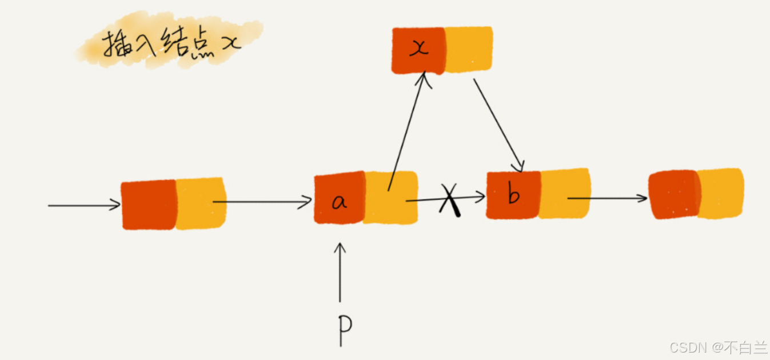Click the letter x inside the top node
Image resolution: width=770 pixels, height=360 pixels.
[x=419, y=49]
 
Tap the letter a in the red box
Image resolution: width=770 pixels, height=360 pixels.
[x=340, y=201]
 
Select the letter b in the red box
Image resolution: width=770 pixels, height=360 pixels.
[x=513, y=195]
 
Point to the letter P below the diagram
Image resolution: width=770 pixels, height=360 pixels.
[x=344, y=324]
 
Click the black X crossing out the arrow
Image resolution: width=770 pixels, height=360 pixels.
[x=450, y=200]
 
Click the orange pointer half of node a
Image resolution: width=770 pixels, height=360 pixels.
[x=391, y=198]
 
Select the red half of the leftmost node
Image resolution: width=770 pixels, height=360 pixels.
[x=149, y=205]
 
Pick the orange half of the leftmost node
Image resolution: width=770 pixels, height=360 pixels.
[x=201, y=203]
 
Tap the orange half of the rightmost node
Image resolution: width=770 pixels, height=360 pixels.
[x=720, y=193]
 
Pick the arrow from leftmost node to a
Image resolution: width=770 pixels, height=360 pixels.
[x=263, y=202]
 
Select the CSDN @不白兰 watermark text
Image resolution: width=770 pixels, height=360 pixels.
[x=718, y=347]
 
